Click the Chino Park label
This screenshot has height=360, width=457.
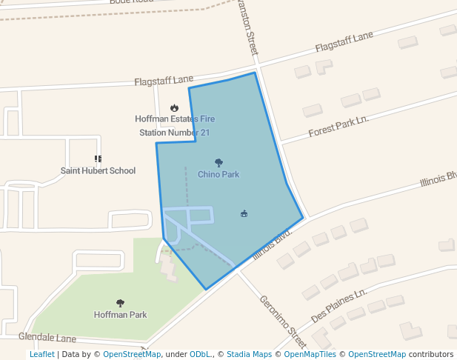219,175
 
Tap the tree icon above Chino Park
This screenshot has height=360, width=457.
219,162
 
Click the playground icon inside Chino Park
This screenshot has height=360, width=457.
244,214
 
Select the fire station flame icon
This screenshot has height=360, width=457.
174,108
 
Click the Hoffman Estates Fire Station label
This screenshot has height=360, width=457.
175,126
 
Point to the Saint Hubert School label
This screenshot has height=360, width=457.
98,171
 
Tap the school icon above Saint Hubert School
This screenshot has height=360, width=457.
98,159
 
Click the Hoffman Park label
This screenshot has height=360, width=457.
120,315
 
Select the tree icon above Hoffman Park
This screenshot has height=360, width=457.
120,303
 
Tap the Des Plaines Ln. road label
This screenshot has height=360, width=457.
339,304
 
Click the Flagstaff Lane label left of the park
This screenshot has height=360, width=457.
164,79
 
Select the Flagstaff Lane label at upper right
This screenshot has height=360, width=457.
344,42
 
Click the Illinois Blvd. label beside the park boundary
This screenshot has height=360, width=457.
273,243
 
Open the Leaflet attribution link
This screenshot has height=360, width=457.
41,354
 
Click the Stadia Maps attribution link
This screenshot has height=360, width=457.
249,354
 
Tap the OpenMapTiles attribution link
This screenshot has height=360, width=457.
310,354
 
